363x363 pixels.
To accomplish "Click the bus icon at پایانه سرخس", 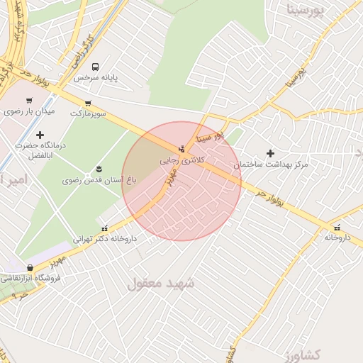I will tap(105, 67).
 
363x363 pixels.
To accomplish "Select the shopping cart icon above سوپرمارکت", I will tap(88, 103).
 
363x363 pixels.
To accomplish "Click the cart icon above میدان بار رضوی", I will tap(29, 101).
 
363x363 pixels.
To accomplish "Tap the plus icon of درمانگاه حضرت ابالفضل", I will tap(40, 135).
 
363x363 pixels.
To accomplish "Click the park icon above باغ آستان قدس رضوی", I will tap(99, 169).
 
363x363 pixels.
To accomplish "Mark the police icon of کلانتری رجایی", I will tap(182, 149).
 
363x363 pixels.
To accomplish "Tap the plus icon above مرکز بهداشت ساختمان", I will tap(270, 153).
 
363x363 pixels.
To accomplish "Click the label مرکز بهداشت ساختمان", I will tap(272, 164).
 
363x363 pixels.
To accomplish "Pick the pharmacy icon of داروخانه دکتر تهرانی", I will tap(105, 228).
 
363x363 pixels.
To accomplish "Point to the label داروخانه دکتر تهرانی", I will tap(105, 239).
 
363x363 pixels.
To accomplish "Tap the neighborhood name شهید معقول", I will tap(161, 283).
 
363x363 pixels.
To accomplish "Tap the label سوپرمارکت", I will tap(88, 113).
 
